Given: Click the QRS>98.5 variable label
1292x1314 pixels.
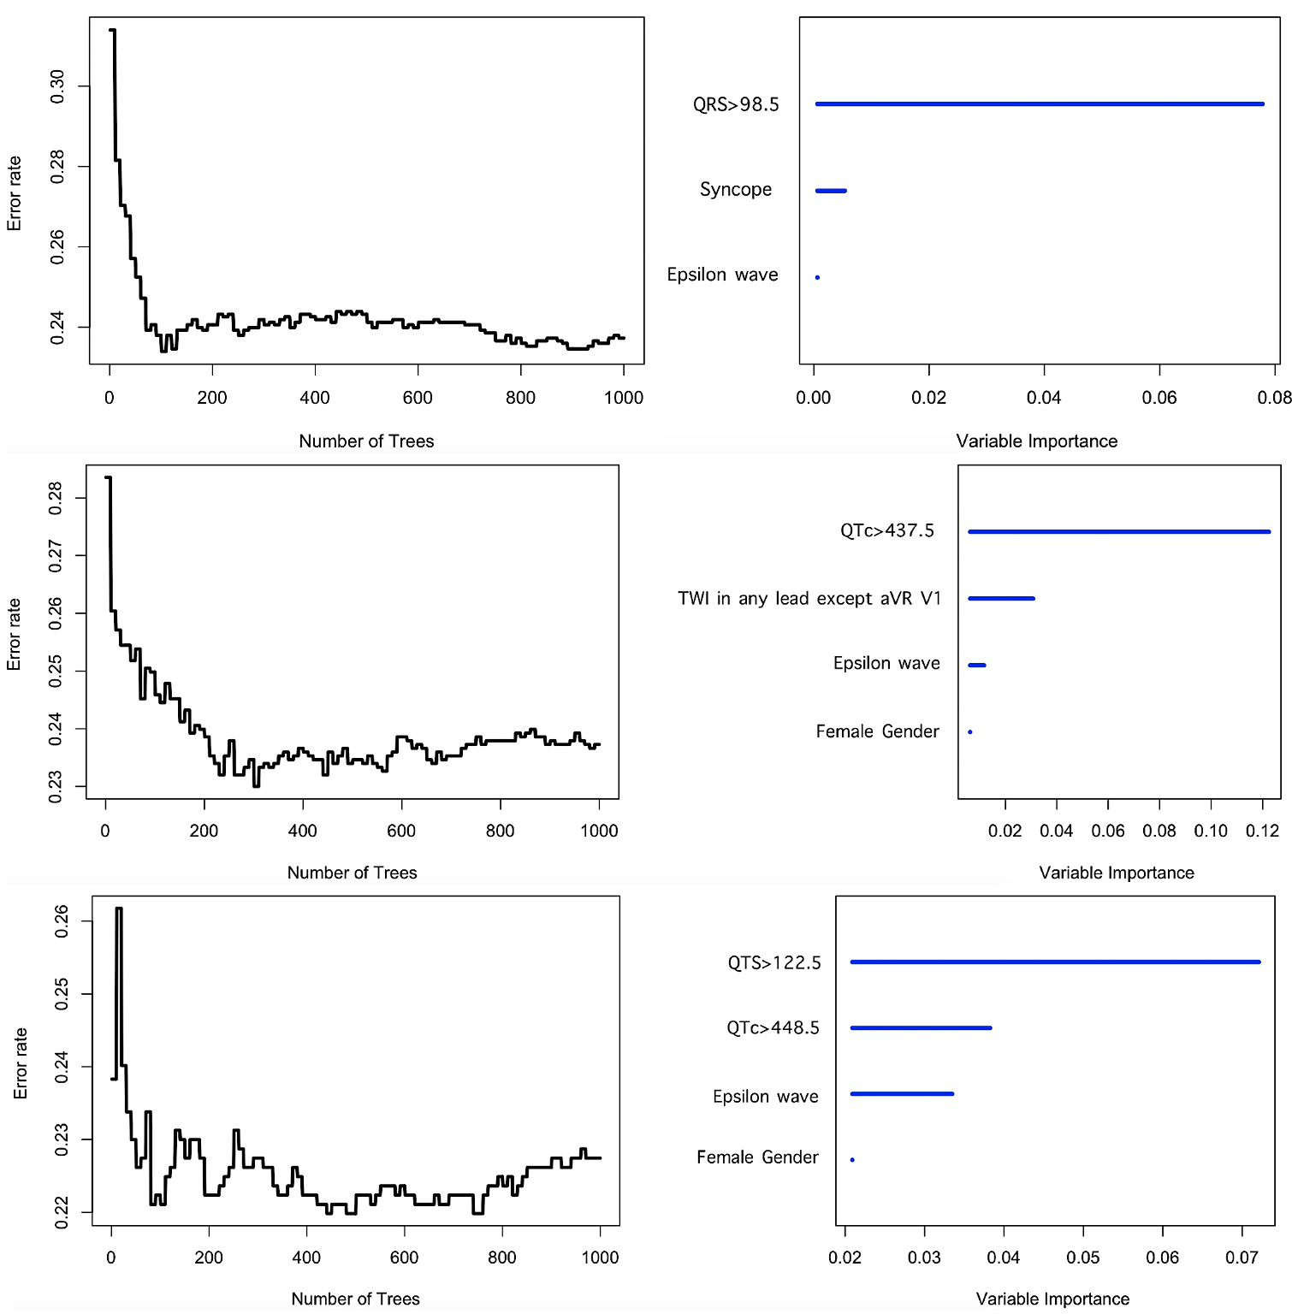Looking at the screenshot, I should point(736,104).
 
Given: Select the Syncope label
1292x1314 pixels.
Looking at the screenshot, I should point(736,189).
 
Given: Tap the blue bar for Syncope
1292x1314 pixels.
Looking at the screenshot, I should point(831,191).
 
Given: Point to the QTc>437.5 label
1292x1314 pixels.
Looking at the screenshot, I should point(887,530).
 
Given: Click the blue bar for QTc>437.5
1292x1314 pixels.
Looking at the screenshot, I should point(1119,532).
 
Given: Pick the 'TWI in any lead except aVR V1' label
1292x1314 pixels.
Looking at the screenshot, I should point(809,598).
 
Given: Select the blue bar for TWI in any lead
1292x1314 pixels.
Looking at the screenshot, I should point(1001,599).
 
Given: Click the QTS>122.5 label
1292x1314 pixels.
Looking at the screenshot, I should point(774,963).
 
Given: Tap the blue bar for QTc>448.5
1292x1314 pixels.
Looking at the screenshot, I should point(921,1028).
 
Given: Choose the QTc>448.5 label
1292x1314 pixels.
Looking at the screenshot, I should point(773,1027).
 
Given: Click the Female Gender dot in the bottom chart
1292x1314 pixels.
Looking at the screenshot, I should point(852,1160).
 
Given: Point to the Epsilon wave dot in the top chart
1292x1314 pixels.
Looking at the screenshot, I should point(818,277).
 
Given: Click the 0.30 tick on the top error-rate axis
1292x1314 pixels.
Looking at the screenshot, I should point(57,86).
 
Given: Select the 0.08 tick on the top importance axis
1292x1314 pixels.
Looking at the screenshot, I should point(1274,398).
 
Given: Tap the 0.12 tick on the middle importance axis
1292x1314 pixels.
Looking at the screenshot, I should point(1262,831).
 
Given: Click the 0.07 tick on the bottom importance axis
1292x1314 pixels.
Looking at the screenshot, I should point(1242,1258).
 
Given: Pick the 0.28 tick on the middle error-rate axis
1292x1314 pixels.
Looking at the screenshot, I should point(56,498).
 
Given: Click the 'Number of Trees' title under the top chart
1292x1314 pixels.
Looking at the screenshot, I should point(366,441).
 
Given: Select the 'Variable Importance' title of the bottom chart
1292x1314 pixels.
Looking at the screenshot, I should point(1052,1299).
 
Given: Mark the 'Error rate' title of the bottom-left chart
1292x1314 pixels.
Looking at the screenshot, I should point(21,1063).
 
